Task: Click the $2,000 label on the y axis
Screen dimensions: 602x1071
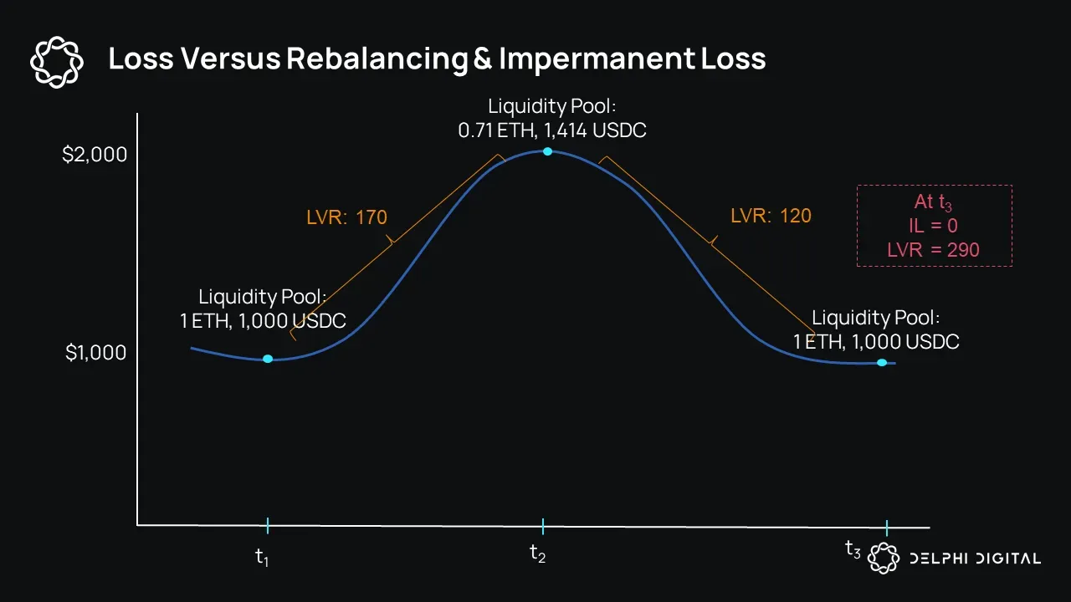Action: coord(95,155)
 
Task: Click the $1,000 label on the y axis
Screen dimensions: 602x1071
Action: coord(96,353)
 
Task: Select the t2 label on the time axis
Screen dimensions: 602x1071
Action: coord(538,553)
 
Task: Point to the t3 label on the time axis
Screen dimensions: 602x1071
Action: coord(853,549)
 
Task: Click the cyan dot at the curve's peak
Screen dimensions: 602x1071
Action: coord(547,151)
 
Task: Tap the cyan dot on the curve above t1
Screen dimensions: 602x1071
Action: coord(268,359)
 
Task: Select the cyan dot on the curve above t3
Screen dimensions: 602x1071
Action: coord(881,362)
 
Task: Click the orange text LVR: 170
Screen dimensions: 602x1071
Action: coord(346,217)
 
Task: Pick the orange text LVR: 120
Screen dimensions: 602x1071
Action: coord(771,216)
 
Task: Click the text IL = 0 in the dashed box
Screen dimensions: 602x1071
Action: coord(934,226)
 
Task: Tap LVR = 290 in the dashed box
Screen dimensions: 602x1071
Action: coord(933,249)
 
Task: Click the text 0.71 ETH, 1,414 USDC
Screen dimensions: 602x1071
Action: coord(552,130)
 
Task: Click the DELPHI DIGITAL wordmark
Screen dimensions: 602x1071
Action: coord(976,559)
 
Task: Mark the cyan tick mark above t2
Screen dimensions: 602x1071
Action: coord(542,526)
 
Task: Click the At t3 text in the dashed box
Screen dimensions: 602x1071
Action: coord(933,203)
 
